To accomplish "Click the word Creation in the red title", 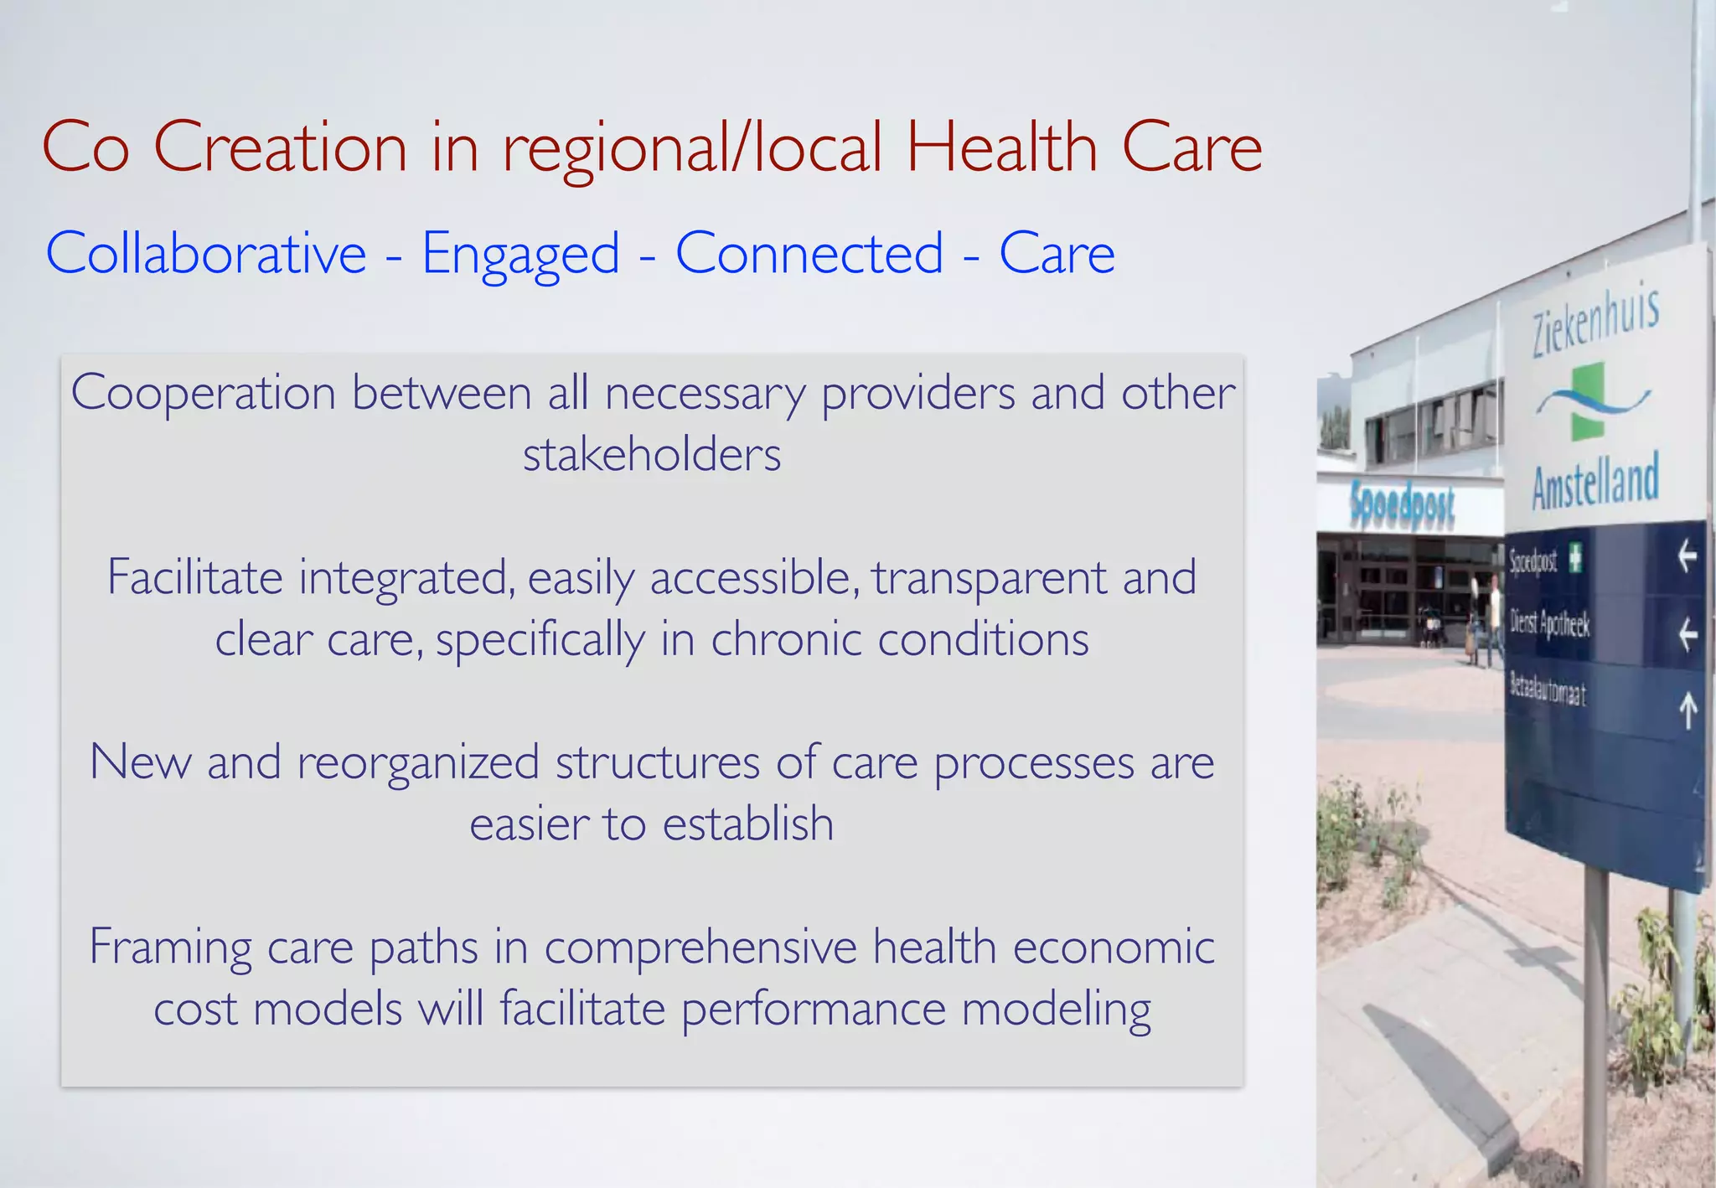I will coord(281,147).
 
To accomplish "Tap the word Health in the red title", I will coord(1001,147).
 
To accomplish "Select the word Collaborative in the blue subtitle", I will coord(206,253).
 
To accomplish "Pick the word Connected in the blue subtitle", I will coord(809,253).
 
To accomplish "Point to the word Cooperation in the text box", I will coord(203,393).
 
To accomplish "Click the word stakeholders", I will coord(652,455).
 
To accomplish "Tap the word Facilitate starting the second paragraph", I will coord(195,577).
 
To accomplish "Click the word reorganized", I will coord(418,763).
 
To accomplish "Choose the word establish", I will coord(748,824).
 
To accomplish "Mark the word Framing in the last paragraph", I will coord(171,948).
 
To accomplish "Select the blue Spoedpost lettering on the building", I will coord(1403,505).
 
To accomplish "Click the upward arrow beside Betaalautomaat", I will coord(1688,710).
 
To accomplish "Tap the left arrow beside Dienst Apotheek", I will coord(1688,634).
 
